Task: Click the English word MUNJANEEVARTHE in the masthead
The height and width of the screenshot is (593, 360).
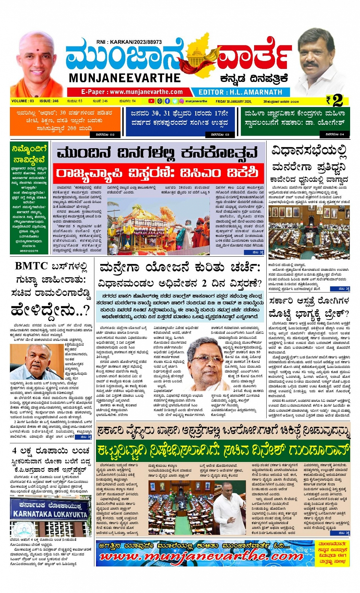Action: click(x=125, y=78)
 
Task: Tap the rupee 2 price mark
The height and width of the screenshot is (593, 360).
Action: click(x=334, y=101)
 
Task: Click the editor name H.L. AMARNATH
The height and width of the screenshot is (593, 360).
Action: click(x=240, y=92)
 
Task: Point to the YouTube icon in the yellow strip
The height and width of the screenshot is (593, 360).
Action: click(x=151, y=101)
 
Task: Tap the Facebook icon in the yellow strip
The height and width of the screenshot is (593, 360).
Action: click(x=167, y=101)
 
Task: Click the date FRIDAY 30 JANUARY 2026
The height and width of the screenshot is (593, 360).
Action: click(x=234, y=101)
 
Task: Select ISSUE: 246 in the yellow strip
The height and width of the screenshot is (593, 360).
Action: click(x=49, y=101)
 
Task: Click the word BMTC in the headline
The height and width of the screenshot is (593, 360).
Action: click(x=31, y=266)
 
